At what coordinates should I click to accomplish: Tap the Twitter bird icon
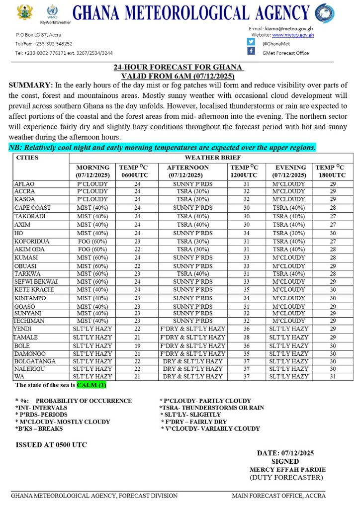(251, 42)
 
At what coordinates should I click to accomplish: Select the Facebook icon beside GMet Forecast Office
(251, 52)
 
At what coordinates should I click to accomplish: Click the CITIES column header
(27, 158)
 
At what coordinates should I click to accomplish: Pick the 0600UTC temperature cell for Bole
(138, 345)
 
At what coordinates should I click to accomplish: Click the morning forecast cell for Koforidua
(92, 242)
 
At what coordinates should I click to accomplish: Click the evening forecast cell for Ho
(289, 233)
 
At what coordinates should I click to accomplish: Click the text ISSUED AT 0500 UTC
(51, 445)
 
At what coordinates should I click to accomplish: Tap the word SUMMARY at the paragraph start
(31, 85)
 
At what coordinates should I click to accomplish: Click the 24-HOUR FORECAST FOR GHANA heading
(178, 68)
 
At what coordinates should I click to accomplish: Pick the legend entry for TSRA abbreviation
(212, 408)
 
